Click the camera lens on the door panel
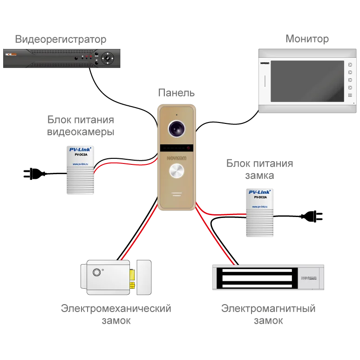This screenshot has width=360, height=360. coord(177,129)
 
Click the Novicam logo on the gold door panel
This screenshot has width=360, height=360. coord(177,159)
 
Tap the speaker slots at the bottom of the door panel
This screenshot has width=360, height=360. coord(177,194)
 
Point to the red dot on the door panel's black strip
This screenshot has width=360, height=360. coord(189,148)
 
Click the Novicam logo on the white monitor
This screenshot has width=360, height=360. coord(265,61)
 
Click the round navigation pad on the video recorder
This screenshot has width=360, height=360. coord(108,58)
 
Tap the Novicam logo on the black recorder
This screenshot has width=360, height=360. coord(11,54)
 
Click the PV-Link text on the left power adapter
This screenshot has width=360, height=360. coord(80,150)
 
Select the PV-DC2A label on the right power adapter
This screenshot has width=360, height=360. coord(260,197)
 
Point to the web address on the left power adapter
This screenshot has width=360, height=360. coord(80,164)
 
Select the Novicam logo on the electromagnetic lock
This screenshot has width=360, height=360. coord(309,278)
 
